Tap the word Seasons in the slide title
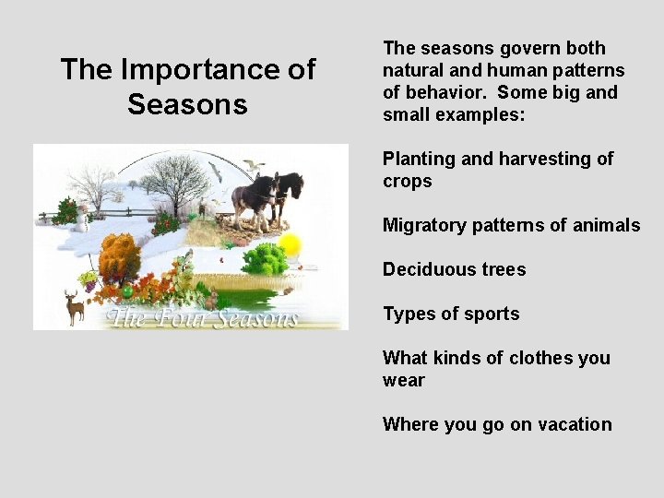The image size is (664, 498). pos(187,104)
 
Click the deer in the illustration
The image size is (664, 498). pos(75,305)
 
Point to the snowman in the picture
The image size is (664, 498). pos(81,219)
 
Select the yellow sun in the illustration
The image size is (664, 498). pos(290,245)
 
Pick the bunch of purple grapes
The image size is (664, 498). pos(89,279)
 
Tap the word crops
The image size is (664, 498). pos(407,181)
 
